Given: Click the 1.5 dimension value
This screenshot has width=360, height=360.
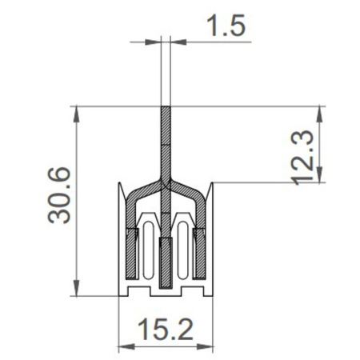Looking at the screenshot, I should click(226, 26).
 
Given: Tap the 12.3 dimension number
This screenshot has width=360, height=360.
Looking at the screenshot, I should click(303, 158).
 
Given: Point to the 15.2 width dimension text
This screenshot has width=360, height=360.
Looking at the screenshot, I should click(165, 327).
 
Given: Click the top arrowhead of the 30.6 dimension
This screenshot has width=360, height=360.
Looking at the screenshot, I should click(77, 111).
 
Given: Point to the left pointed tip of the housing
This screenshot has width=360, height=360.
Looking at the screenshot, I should click(120, 185).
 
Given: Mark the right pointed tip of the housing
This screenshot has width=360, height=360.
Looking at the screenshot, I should click(212, 185).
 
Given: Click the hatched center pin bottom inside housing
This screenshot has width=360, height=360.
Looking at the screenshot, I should click(166, 264).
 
